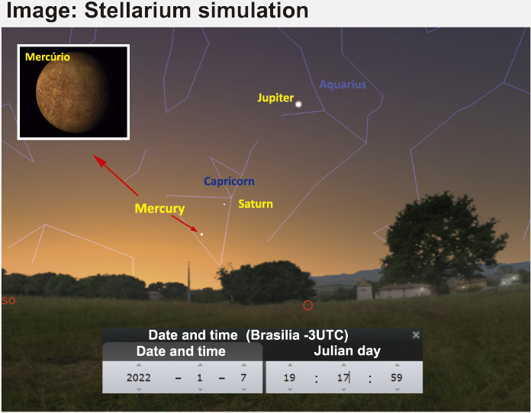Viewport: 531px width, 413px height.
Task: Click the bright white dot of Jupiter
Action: click(x=298, y=104)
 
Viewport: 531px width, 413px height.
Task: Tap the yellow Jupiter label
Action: click(x=275, y=98)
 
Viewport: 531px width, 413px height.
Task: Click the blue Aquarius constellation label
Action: click(x=343, y=85)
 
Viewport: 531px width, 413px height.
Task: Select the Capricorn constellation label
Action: click(x=229, y=181)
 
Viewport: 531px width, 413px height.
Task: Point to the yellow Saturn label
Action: click(x=256, y=204)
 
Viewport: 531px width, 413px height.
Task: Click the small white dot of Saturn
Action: click(x=224, y=204)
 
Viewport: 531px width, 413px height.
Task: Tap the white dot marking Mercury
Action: click(x=202, y=234)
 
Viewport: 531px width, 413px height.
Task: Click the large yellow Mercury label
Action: click(x=159, y=208)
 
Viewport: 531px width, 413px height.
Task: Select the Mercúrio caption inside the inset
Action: click(x=47, y=57)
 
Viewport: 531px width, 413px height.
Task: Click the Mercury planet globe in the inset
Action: click(x=72, y=92)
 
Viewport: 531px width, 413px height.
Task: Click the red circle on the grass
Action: click(x=307, y=306)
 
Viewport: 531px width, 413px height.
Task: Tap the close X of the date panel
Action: click(x=416, y=335)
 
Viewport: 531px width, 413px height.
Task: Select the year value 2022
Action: click(x=139, y=377)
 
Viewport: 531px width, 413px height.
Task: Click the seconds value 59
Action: click(x=397, y=377)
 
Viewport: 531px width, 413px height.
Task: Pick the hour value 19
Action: click(x=290, y=377)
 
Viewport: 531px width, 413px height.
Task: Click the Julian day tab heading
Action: click(x=347, y=351)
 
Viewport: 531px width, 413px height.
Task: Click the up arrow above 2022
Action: click(x=139, y=365)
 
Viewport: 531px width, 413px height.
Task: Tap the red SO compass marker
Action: click(x=8, y=300)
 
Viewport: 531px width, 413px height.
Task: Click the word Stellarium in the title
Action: click(x=138, y=10)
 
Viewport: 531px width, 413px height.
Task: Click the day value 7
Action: click(x=243, y=377)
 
